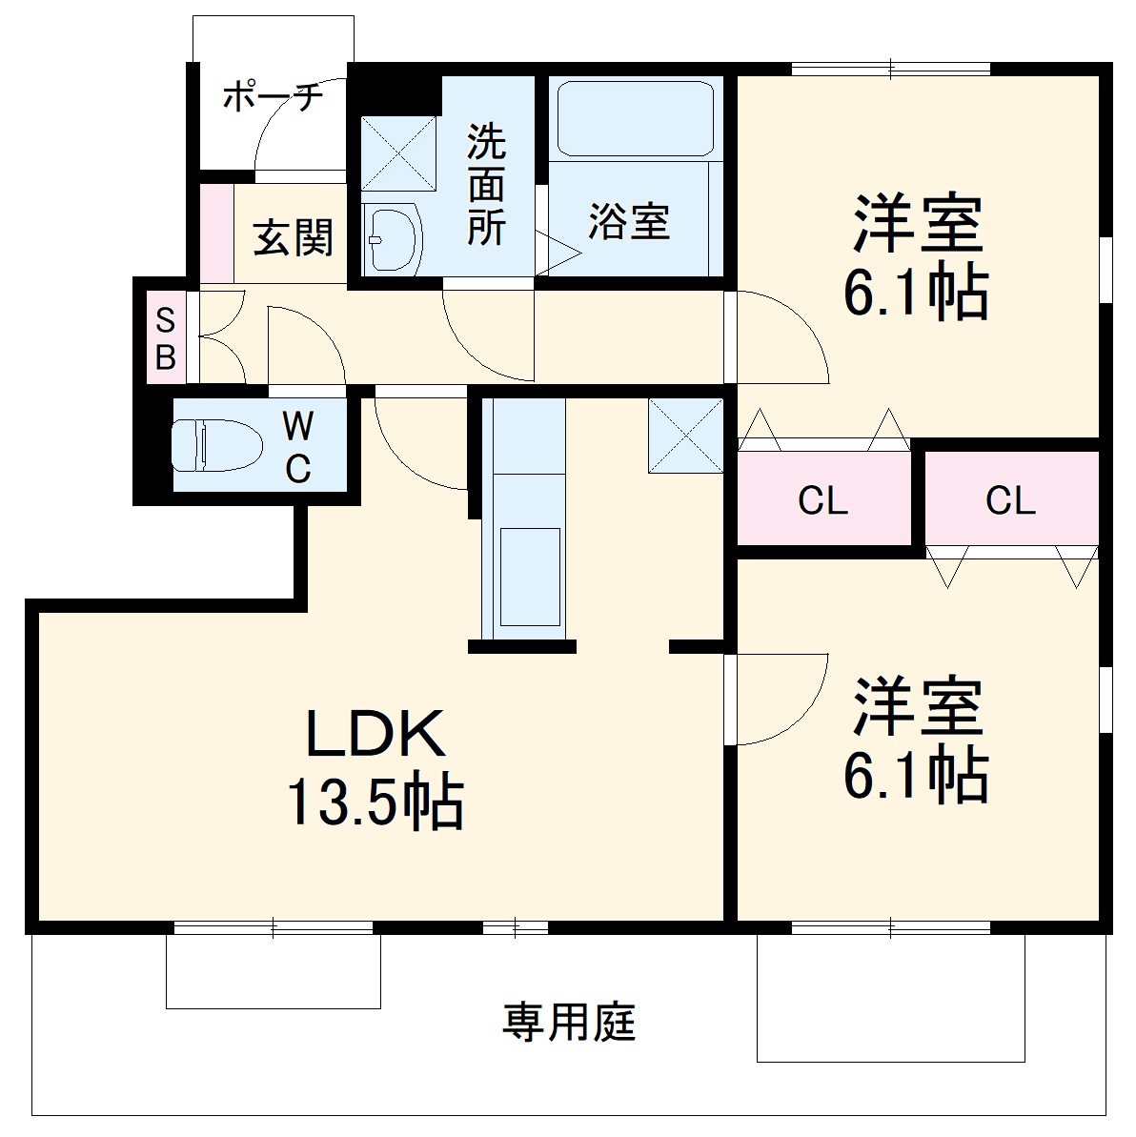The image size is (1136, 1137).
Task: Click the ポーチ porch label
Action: pyautogui.click(x=273, y=97)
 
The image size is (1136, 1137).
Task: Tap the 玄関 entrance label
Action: pyautogui.click(x=294, y=237)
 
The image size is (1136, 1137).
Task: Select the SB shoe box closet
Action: pyautogui.click(x=166, y=338)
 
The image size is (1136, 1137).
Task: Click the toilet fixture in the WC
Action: pyautogui.click(x=216, y=445)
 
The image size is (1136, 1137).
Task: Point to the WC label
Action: pyautogui.click(x=298, y=445)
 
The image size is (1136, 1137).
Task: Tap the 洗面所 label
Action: pyautogui.click(x=486, y=185)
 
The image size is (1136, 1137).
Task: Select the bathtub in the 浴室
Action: pyautogui.click(x=636, y=118)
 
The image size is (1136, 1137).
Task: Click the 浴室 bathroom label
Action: pyautogui.click(x=629, y=222)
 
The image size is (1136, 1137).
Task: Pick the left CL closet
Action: pyautogui.click(x=822, y=499)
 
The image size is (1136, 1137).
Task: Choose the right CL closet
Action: pyautogui.click(x=1010, y=499)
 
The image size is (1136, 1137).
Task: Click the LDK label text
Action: pyautogui.click(x=375, y=734)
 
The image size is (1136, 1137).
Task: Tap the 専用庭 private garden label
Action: pyautogui.click(x=569, y=1023)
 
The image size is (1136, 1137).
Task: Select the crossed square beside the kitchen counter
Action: pyautogui.click(x=685, y=435)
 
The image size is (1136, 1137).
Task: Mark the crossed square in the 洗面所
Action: pyautogui.click(x=398, y=153)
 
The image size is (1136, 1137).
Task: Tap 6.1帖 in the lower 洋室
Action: pyautogui.click(x=916, y=776)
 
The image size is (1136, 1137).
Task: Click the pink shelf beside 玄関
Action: pyautogui.click(x=217, y=233)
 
